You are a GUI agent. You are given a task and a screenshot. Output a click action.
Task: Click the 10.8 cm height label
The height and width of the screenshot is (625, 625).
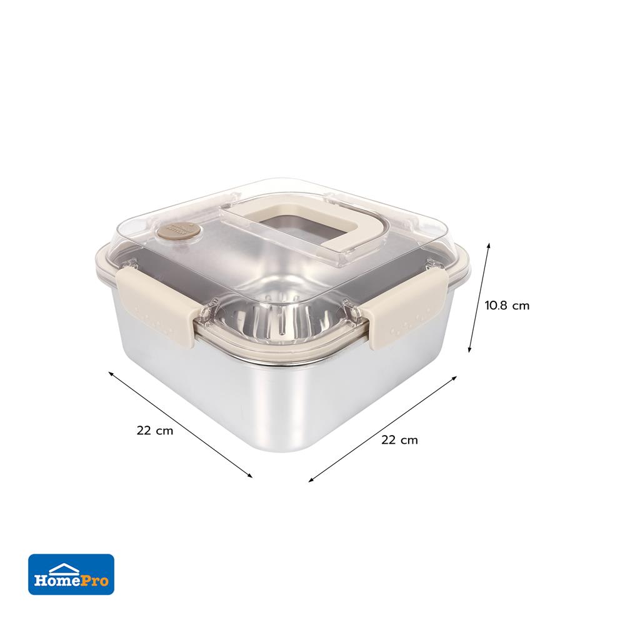[507, 306]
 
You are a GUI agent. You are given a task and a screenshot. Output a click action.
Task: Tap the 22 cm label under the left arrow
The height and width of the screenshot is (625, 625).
[155, 431]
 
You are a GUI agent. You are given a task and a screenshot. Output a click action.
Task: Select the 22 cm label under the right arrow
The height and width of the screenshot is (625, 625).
[399, 440]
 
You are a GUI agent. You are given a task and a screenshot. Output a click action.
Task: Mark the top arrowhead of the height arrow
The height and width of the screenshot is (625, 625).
[488, 245]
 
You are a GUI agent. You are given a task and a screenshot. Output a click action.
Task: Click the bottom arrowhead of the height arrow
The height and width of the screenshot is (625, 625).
[470, 351]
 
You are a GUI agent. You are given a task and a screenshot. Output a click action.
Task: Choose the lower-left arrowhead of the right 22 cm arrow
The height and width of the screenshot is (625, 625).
[311, 481]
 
